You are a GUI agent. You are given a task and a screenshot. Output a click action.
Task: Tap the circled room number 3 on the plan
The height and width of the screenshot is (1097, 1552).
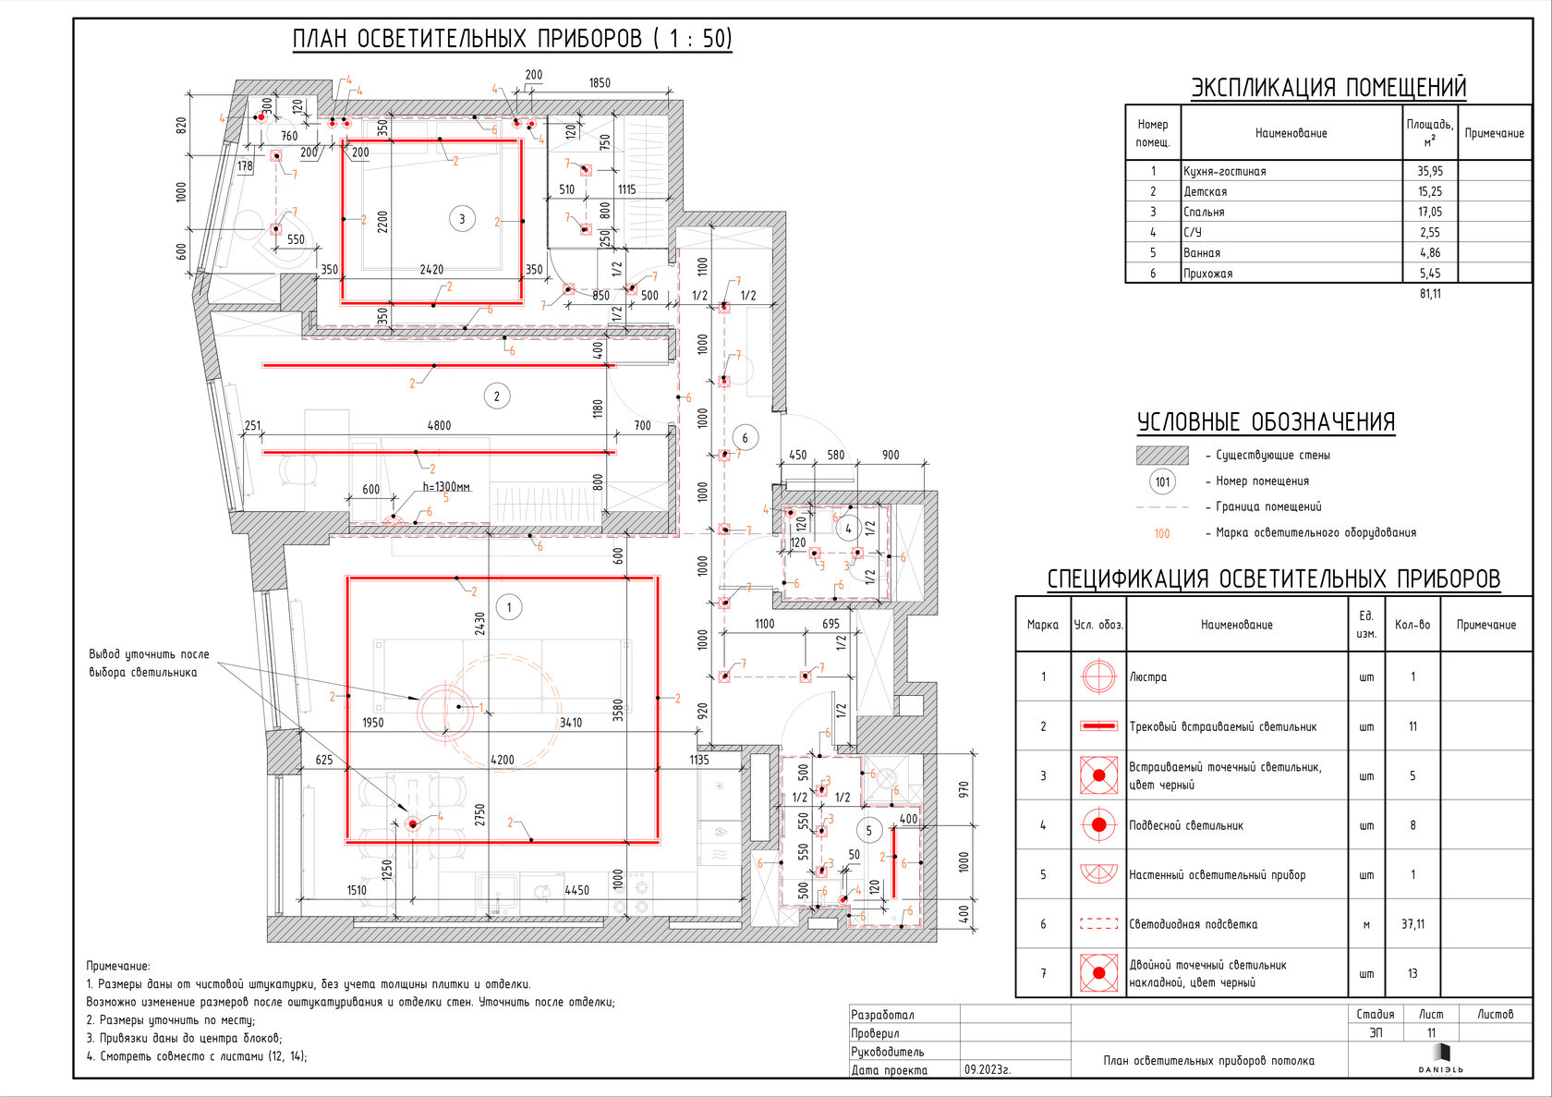(462, 219)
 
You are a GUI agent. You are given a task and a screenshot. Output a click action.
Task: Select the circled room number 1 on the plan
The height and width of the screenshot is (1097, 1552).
(508, 607)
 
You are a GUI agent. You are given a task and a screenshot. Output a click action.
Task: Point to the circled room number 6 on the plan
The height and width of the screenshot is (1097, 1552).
(745, 437)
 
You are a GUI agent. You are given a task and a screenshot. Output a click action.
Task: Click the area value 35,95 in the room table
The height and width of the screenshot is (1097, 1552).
(1429, 171)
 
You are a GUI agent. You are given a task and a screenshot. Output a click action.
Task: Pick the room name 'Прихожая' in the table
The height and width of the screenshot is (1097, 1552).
(1207, 274)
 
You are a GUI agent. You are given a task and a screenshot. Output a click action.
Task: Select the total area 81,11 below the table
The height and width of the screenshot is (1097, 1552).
(1429, 294)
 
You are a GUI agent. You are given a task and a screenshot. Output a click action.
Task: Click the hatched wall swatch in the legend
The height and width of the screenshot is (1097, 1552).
(1162, 455)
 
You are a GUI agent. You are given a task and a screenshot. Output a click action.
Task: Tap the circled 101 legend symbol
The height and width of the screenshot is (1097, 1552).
(1162, 481)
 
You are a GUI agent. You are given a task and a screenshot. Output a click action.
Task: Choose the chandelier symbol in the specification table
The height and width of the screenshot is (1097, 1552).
(1098, 676)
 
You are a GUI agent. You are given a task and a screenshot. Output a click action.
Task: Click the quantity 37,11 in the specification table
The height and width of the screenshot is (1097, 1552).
(1412, 924)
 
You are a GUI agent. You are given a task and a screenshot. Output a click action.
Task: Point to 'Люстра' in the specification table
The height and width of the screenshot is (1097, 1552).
(1148, 676)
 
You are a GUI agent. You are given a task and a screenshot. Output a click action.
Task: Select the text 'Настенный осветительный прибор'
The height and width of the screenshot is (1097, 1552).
(1217, 874)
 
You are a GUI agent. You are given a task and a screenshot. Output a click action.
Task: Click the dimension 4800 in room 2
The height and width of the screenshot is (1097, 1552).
(439, 426)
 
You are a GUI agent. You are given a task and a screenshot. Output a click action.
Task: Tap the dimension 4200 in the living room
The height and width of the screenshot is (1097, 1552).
(502, 760)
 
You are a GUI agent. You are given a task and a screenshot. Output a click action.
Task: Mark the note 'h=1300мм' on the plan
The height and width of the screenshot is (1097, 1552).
(446, 486)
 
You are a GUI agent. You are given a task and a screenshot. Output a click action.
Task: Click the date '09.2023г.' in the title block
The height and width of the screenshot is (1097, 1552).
(988, 1069)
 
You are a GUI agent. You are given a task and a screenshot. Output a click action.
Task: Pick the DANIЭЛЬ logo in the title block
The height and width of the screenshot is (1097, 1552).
(1440, 1058)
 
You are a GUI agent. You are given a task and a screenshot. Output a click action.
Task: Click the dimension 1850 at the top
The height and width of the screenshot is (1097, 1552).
(600, 83)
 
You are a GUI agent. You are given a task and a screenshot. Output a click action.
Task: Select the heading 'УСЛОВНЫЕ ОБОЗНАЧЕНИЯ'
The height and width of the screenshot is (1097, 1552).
(1266, 422)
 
